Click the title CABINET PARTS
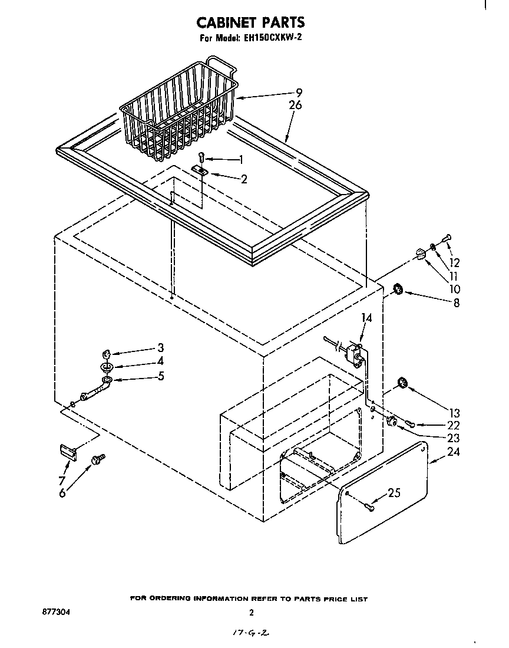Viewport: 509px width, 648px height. coord(250,22)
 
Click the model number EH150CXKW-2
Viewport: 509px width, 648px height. coord(272,39)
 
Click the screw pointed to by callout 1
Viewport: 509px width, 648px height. coord(201,157)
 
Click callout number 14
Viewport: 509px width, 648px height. coord(366,318)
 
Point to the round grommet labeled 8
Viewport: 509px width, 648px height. coord(398,289)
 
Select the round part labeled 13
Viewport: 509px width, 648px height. coord(403,383)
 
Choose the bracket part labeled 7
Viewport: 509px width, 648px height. coord(68,452)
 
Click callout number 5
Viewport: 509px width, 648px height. coord(160,376)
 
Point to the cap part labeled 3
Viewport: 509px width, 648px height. coord(107,354)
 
